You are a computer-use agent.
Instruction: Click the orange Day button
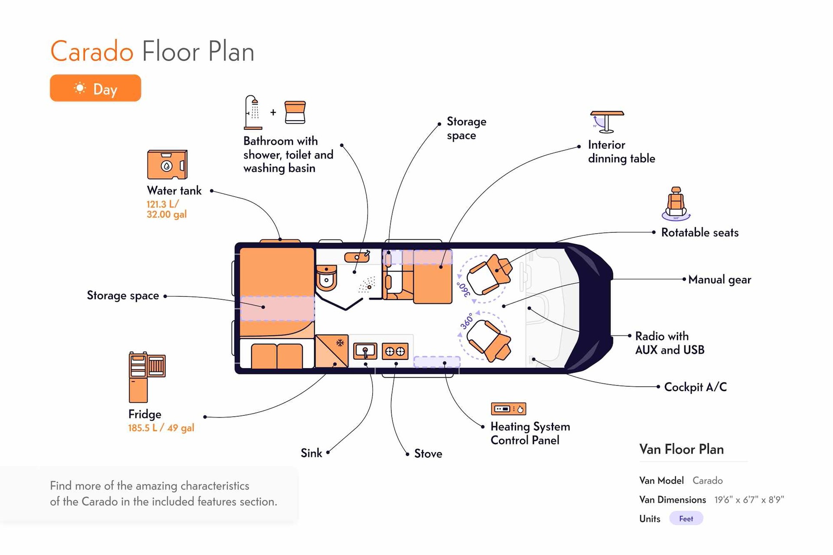(95, 88)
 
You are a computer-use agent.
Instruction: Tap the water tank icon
(167, 164)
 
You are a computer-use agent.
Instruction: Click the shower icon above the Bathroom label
(253, 112)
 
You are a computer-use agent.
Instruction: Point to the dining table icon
(607, 122)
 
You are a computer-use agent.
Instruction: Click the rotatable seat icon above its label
(676, 204)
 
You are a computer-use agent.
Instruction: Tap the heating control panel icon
(508, 408)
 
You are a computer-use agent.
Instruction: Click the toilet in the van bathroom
(326, 277)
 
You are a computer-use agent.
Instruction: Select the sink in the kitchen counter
(365, 351)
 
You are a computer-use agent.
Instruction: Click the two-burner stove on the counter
(395, 351)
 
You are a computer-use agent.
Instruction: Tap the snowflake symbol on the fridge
(340, 343)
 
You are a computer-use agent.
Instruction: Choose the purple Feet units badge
(686, 519)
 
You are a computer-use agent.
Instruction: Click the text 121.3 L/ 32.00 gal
(167, 209)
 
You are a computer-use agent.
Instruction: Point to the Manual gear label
(719, 280)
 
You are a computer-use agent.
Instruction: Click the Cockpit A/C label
(695, 387)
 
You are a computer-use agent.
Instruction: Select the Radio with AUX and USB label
(669, 343)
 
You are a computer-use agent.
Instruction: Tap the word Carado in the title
(92, 52)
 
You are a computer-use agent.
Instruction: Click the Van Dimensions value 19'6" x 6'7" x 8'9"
(749, 499)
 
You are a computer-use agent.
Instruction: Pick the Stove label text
(428, 454)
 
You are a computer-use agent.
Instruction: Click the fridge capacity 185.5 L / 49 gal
(161, 428)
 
